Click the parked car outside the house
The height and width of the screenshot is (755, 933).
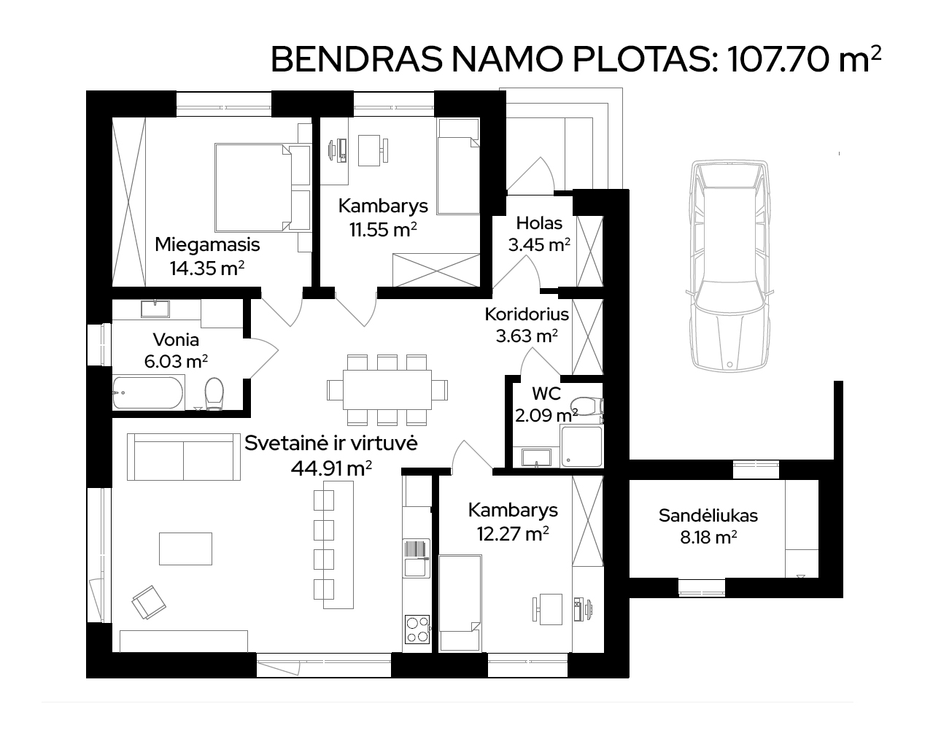[729, 267]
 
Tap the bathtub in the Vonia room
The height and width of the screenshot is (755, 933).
[147, 393]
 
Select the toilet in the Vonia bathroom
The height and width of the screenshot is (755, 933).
[214, 394]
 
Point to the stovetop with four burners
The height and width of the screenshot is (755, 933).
[417, 630]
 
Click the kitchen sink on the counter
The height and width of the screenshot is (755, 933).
[417, 558]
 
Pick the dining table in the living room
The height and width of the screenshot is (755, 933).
[387, 390]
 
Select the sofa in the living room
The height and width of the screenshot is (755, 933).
[184, 457]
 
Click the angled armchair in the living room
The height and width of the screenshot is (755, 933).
[149, 603]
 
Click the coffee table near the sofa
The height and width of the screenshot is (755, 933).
[186, 549]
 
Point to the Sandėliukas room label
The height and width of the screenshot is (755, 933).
[708, 516]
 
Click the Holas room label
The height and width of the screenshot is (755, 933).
[539, 223]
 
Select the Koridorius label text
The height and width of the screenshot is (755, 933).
[527, 314]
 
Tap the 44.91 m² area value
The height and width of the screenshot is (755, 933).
[331, 468]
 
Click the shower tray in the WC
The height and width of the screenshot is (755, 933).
[581, 446]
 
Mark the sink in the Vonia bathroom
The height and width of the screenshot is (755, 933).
[155, 309]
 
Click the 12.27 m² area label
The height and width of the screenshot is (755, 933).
[513, 534]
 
